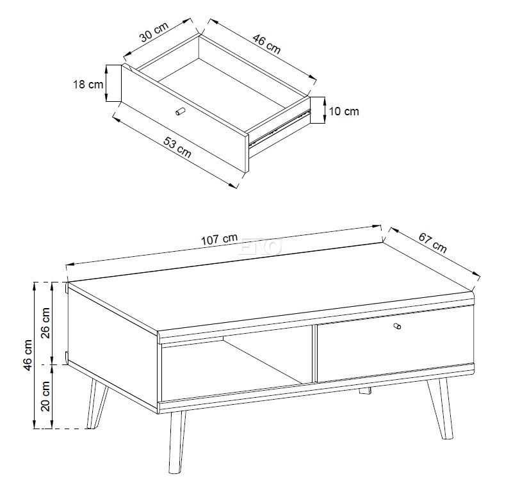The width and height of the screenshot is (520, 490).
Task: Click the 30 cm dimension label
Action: [154, 32]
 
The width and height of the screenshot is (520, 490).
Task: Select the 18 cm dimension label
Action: [88, 85]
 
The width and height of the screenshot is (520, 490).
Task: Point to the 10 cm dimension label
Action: [344, 111]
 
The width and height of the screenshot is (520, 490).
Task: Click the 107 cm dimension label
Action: [220, 239]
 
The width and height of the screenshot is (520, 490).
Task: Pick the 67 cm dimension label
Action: [432, 243]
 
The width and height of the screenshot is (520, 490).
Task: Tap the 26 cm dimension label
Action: [45, 323]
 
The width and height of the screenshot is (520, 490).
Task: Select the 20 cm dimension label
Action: [45, 396]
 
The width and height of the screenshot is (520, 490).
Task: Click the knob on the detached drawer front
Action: [180, 111]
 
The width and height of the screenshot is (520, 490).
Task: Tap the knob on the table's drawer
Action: [396, 326]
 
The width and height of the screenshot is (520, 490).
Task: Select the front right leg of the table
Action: [441, 409]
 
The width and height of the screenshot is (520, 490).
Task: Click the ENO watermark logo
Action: [260, 247]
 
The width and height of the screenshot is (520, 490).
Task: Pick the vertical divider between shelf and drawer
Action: [314, 354]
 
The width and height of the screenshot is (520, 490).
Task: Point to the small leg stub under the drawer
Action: [365, 391]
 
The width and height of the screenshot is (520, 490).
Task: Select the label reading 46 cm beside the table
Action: [28, 355]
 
